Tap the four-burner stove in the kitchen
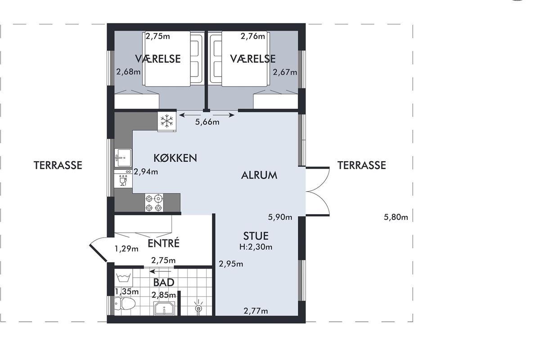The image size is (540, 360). tap(154, 203)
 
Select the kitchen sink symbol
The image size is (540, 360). tap(123, 157)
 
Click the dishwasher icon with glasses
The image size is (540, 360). tap(123, 179)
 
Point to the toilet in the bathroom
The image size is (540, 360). tap(125, 303)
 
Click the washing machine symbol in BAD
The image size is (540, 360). tap(123, 278)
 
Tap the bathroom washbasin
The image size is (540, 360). tap(165, 308)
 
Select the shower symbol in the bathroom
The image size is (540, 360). tap(198, 307)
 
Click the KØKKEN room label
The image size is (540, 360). tap(175, 158)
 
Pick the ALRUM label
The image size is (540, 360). tap(259, 175)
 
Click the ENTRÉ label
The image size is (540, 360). tap(163, 243)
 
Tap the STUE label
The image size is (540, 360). tap(256, 236)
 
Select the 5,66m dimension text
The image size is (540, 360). tap(207, 122)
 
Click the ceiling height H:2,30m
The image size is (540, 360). tap(256, 247)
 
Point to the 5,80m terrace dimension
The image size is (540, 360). tap(396, 217)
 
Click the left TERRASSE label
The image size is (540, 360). tap(58, 166)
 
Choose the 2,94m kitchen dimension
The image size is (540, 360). tap(146, 172)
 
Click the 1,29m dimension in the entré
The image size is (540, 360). tap(126, 248)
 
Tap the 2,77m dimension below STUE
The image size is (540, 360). tap(256, 311)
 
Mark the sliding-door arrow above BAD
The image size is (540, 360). tap(160, 271)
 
